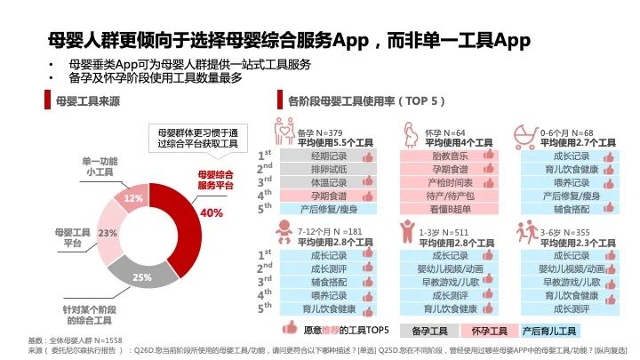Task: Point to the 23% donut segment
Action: [110, 234]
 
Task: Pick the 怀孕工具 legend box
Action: [492, 329]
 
